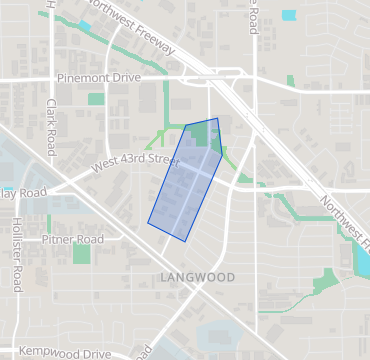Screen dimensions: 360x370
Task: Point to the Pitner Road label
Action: [x=72, y=240]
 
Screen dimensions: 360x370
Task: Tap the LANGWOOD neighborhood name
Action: [x=197, y=277]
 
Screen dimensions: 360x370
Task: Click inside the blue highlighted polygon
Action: [x=187, y=180]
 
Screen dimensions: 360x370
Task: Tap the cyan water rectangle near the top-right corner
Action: [x=289, y=15]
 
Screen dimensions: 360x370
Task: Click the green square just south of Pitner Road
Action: [x=81, y=254]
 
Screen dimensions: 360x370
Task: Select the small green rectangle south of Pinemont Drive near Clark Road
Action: [x=96, y=99]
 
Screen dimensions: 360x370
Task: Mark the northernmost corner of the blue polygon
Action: [x=216, y=118]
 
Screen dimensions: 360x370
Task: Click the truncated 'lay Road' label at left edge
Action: [x=22, y=192]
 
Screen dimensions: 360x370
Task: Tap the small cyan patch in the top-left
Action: [x=84, y=26]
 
